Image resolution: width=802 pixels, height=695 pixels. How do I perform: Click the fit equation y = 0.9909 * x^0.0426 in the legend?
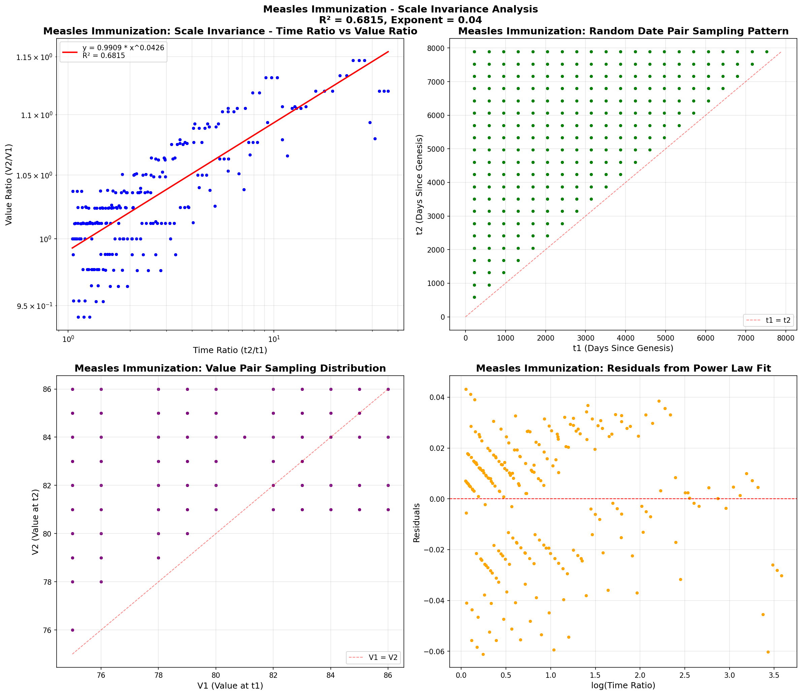[x=123, y=48]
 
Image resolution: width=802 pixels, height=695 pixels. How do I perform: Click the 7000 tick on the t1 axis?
[x=745, y=338]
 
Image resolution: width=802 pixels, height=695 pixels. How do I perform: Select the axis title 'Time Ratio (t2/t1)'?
[x=230, y=350]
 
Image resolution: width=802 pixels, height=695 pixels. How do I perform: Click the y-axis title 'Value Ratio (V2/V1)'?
[x=8, y=184]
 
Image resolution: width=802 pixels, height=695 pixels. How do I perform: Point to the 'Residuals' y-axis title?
[x=417, y=523]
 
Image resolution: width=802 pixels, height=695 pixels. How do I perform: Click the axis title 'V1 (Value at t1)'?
[x=230, y=686]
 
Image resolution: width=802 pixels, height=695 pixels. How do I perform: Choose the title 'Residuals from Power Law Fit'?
[x=623, y=369]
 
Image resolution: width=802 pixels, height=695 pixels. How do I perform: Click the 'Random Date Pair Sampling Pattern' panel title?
[x=623, y=31]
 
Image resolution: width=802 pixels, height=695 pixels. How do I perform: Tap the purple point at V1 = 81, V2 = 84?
[x=245, y=437]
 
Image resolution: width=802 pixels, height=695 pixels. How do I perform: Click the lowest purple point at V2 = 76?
[x=72, y=630]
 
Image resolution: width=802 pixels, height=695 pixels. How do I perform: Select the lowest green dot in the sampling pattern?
[x=474, y=297]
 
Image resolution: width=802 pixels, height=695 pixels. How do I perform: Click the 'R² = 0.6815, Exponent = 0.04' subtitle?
[x=400, y=20]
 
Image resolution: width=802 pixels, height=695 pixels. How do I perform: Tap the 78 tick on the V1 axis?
[x=158, y=675]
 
